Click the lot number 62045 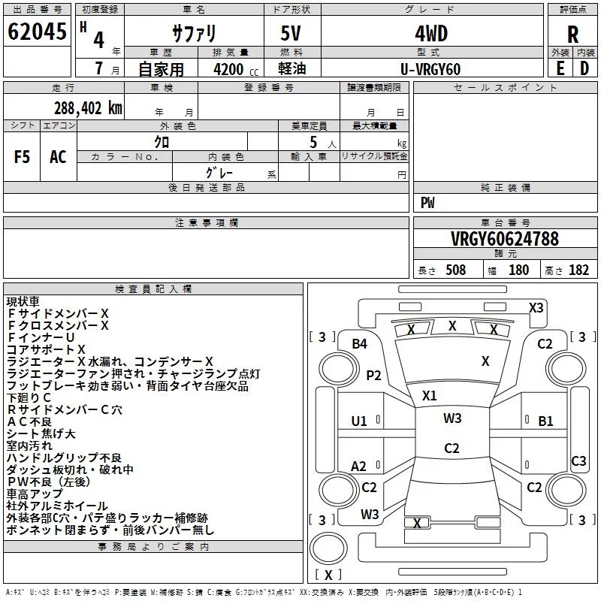(x=38, y=33)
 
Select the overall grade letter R (x=572, y=35)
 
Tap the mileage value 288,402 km (x=88, y=107)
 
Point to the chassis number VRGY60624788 (x=505, y=239)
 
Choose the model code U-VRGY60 (x=430, y=69)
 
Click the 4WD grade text (x=430, y=35)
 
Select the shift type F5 (x=22, y=156)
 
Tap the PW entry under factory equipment (x=427, y=203)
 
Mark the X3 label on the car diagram (x=536, y=307)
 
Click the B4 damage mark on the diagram (x=360, y=343)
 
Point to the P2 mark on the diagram (x=373, y=375)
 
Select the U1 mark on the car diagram (x=359, y=421)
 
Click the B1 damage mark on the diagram (x=545, y=421)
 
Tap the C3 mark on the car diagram (x=578, y=461)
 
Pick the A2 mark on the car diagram (x=359, y=467)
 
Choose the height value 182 (x=579, y=270)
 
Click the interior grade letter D (x=584, y=68)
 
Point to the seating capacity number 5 (x=312, y=141)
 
